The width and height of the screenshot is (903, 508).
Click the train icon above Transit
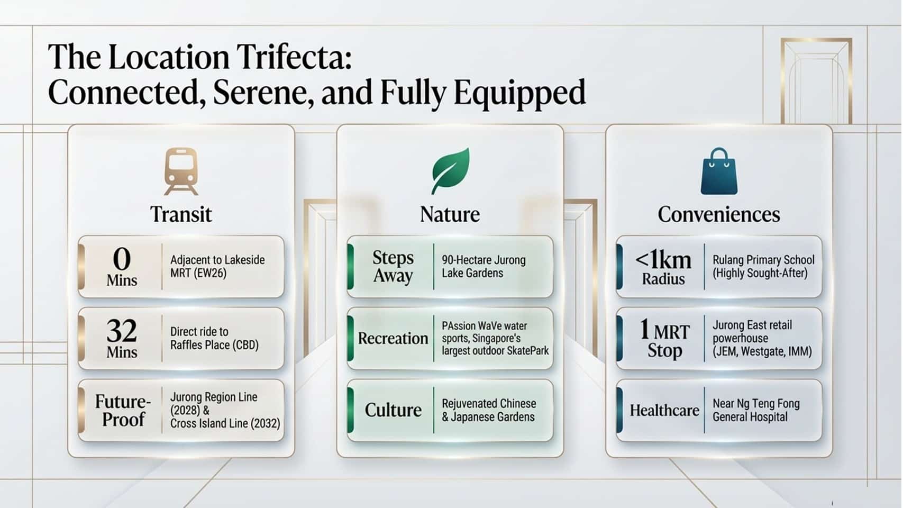pos(181,171)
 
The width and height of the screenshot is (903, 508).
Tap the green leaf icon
pos(450,171)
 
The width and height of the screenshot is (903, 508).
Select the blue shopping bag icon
pos(719,171)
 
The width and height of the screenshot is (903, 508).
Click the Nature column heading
pos(450,214)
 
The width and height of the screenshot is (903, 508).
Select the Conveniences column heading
pos(719,214)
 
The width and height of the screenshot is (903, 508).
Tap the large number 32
pos(122,331)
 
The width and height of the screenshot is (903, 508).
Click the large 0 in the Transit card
pos(122,258)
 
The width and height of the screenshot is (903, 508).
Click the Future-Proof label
pos(123,411)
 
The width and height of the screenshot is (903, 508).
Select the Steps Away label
pos(393,267)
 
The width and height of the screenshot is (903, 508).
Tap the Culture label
pos(393,410)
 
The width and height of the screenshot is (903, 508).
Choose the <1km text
pos(663,260)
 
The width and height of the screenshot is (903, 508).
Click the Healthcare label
pos(664,411)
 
